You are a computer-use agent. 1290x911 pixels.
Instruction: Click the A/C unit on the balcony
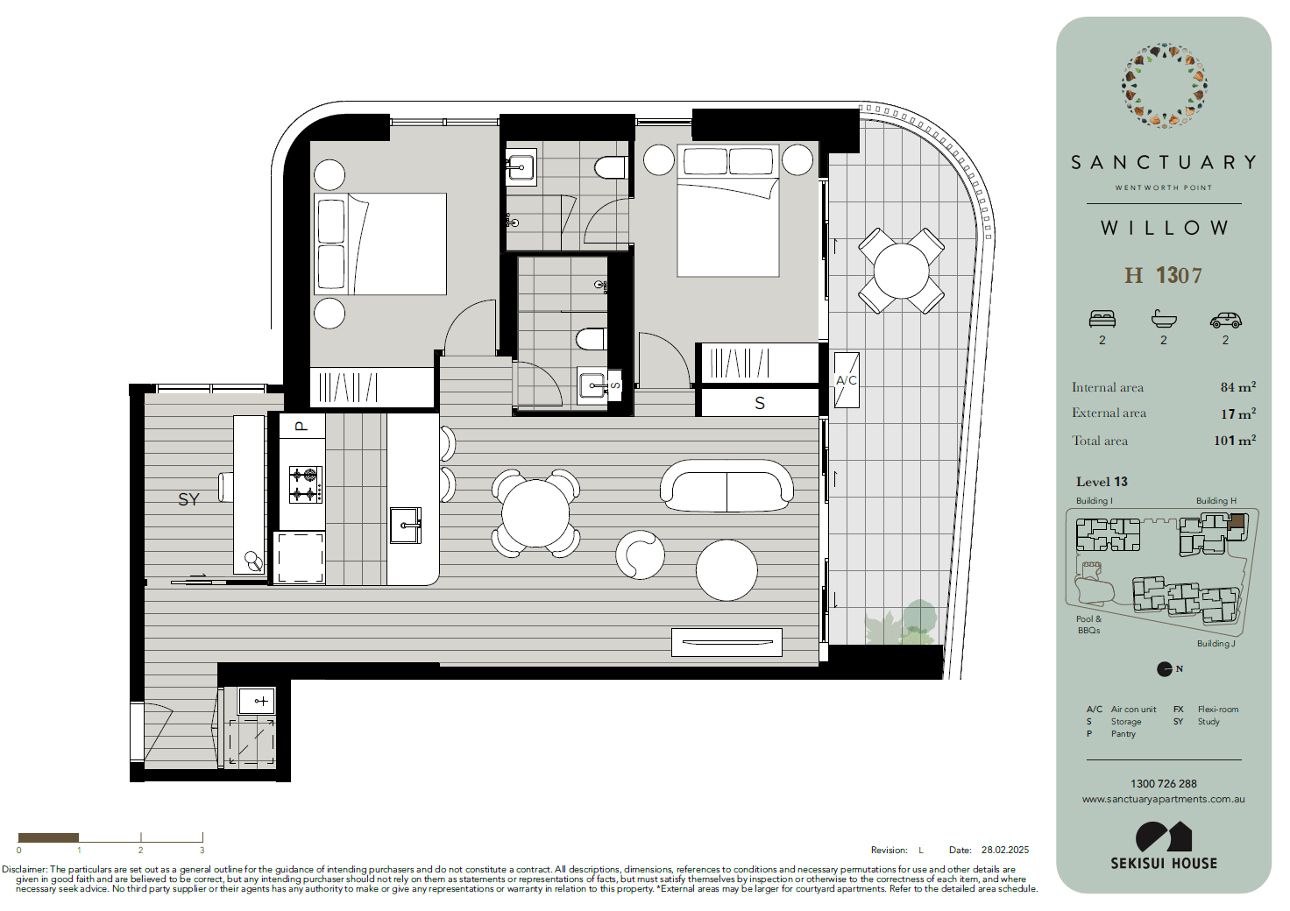847,380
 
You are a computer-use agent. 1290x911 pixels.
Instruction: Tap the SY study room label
189,499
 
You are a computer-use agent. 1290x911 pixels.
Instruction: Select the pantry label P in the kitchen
301,427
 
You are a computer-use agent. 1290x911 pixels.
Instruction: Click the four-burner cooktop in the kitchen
306,485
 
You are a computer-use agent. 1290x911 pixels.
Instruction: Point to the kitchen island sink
406,525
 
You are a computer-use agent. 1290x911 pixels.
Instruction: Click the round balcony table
901,271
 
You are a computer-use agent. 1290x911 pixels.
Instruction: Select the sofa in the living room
727,485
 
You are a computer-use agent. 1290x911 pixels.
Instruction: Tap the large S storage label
760,404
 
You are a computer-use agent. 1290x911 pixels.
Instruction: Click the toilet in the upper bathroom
611,168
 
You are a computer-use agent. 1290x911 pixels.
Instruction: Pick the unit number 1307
1179,276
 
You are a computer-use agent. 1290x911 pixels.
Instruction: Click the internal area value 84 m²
1237,387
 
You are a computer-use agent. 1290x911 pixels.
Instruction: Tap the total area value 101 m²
1235,441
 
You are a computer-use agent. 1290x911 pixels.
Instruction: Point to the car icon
1225,320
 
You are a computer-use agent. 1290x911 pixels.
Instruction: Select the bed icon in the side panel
1102,319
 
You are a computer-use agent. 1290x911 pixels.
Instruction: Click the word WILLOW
1165,228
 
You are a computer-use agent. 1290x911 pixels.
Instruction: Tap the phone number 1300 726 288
1163,784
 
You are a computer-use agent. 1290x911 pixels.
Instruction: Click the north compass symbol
1165,668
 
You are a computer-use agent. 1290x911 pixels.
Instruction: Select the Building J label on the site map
1216,644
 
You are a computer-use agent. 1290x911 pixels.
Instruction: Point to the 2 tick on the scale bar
141,838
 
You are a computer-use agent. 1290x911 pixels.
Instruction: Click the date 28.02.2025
1005,850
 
